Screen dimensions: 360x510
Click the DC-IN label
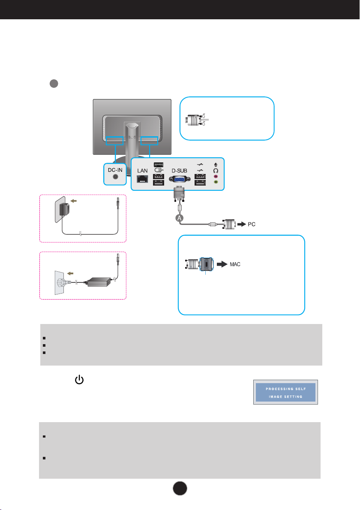[115, 170]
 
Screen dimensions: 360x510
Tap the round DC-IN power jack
[115, 177]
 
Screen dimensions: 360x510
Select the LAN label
[142, 171]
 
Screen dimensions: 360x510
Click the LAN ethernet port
[142, 179]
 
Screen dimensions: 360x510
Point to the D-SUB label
[180, 171]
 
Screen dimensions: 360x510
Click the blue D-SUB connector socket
[180, 179]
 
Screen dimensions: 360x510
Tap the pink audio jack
[216, 177]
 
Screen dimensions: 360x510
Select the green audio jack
[216, 182]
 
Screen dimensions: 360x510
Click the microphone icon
[216, 165]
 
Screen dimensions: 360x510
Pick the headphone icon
[216, 171]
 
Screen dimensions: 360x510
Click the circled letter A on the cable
[180, 218]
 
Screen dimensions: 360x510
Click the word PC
[252, 225]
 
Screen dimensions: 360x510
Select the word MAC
[235, 264]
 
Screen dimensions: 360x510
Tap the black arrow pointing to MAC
[222, 264]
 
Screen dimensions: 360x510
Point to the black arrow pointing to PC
[242, 224]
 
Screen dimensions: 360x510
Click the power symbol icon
[79, 380]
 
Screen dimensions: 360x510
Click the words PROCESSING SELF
[286, 389]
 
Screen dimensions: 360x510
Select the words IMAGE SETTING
[285, 397]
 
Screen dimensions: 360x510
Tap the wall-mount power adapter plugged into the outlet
[64, 209]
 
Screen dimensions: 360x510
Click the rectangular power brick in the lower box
[98, 282]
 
